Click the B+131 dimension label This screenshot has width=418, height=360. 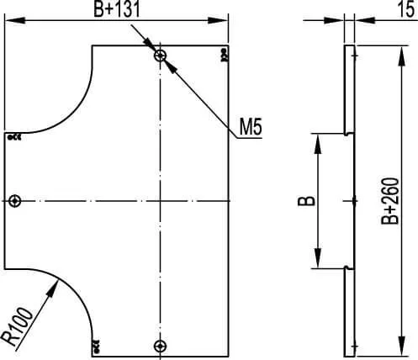(116, 10)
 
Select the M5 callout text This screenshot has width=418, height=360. (251, 127)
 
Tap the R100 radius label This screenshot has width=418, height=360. (18, 326)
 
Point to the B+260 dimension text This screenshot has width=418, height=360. (390, 201)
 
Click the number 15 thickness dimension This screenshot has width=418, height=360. (405, 9)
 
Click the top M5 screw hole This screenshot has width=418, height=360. (160, 56)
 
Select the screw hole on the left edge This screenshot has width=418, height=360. (14, 201)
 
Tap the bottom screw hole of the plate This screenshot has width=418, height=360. (160, 346)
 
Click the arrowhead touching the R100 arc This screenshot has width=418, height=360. (53, 289)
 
